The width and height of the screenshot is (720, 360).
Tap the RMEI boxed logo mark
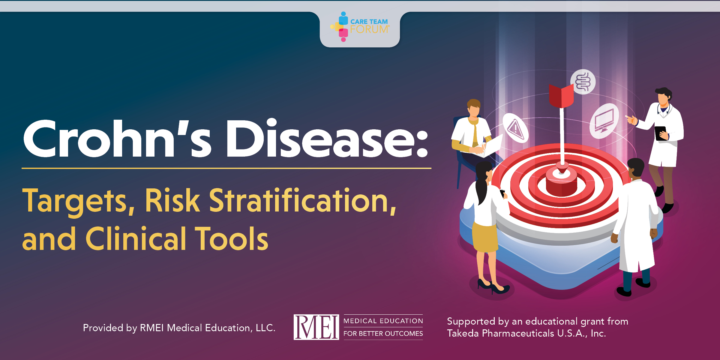pos(316,327)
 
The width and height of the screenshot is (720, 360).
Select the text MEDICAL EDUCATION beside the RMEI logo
pos(383,321)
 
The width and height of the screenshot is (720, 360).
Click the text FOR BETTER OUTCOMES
pos(383,334)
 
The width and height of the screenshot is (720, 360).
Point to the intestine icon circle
pos(583,82)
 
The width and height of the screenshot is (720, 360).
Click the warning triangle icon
pos(516,129)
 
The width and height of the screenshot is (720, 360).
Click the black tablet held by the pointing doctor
pos(661,133)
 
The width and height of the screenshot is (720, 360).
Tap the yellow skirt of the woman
pos(485,237)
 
